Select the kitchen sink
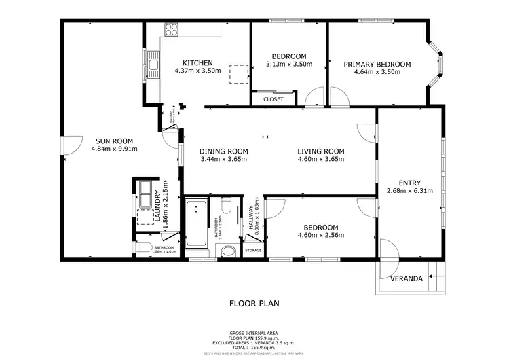(x=154, y=66)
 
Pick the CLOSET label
(x=273, y=99)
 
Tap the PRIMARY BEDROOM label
(x=377, y=65)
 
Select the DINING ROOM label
(x=223, y=151)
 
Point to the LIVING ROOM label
(x=321, y=151)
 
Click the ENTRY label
(x=410, y=183)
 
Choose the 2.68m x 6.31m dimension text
(x=410, y=191)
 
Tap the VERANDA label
(x=407, y=278)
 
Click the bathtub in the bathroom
(x=197, y=221)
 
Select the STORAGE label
(x=253, y=251)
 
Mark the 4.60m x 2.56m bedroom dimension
(x=321, y=236)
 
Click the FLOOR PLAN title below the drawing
(x=254, y=304)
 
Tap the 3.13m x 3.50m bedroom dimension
(x=289, y=65)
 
